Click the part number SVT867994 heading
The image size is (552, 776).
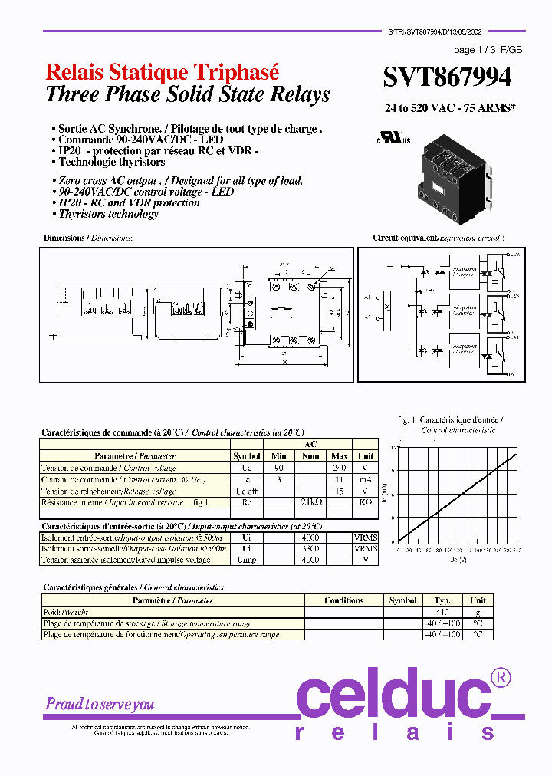pos(448,77)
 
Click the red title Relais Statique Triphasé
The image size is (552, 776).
pos(163,72)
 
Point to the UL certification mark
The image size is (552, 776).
pos(393,140)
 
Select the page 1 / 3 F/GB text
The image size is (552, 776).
pos(488,50)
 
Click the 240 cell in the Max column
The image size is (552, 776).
pos(339,467)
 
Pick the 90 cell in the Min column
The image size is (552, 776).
pos(279,467)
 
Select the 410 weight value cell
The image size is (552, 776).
pos(442,612)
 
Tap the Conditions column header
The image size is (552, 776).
pos(343,600)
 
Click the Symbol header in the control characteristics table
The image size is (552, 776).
pos(246,455)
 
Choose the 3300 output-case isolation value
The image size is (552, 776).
pos(310,549)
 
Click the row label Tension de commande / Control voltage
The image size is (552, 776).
pos(109,467)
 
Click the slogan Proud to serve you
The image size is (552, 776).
pos(100,704)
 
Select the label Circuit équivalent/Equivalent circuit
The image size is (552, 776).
pos(439,238)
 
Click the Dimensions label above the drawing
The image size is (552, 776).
pos(87,238)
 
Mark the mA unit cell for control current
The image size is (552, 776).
pos(366,478)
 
